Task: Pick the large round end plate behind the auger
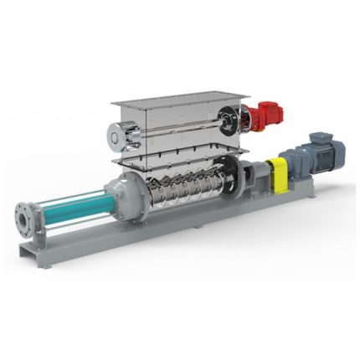coord(238,176)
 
